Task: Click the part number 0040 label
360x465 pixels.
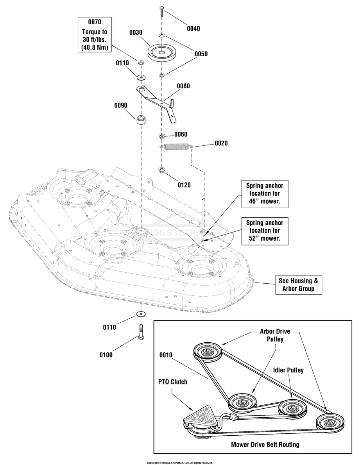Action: pyautogui.click(x=193, y=29)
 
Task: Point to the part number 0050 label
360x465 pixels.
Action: pyautogui.click(x=201, y=54)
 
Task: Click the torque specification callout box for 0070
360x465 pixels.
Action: pyautogui.click(x=95, y=35)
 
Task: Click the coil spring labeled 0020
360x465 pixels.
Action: pyautogui.click(x=177, y=147)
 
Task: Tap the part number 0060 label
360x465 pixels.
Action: pyautogui.click(x=181, y=134)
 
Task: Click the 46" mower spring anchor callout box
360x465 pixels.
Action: pyautogui.click(x=265, y=194)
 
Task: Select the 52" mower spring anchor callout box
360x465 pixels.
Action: pyautogui.click(x=265, y=231)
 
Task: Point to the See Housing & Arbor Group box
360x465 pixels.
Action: pyautogui.click(x=298, y=285)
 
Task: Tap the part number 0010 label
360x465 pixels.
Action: pyautogui.click(x=166, y=355)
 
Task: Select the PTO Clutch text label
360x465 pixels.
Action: pyautogui.click(x=173, y=382)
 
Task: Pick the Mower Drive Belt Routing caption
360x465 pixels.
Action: pyautogui.click(x=265, y=445)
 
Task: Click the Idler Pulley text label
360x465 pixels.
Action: pyautogui.click(x=288, y=370)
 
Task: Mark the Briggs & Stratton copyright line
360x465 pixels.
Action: pyautogui.click(x=180, y=463)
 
